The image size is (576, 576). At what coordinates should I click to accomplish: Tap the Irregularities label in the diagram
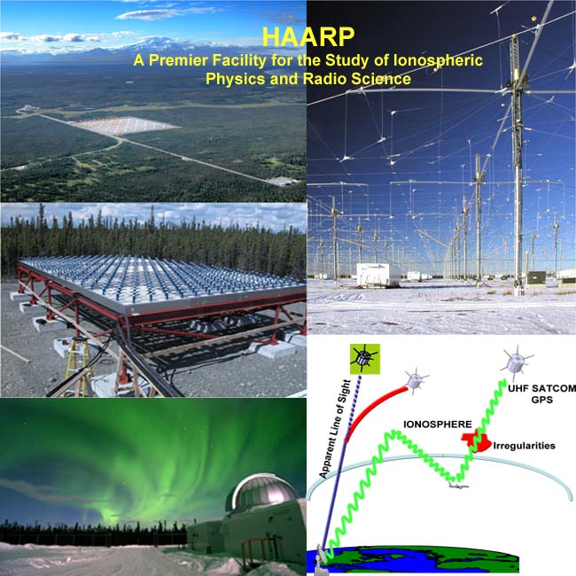click(x=523, y=445)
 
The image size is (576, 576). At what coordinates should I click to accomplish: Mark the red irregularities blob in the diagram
click(x=475, y=440)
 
